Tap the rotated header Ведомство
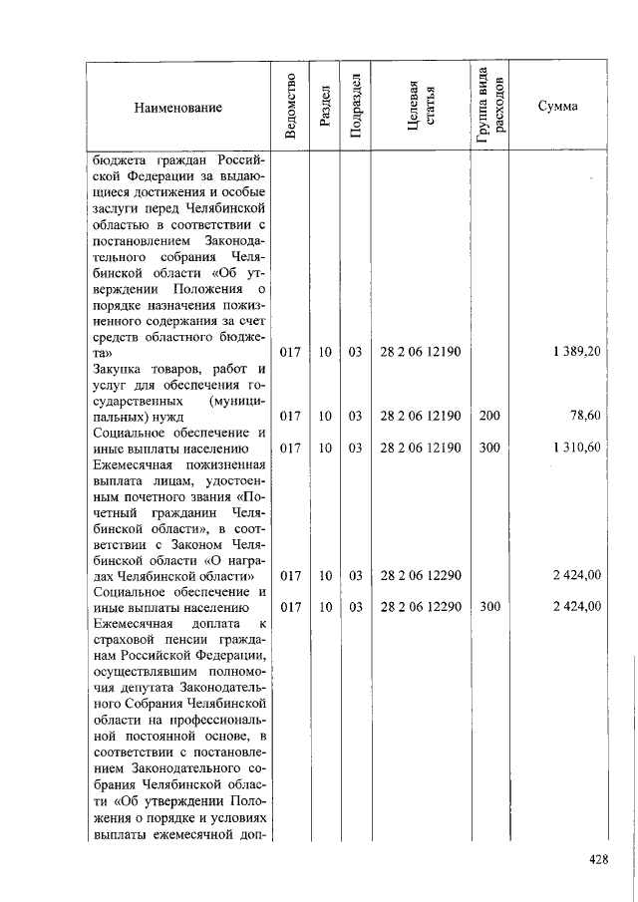click(290, 107)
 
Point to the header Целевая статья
click(420, 107)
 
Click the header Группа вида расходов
click(489, 107)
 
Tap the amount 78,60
click(584, 416)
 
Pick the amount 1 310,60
click(576, 448)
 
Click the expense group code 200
click(489, 416)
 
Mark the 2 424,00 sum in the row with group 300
click(576, 606)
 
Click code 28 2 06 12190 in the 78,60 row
click(420, 416)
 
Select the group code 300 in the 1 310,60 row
click(489, 448)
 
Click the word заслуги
click(117, 210)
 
